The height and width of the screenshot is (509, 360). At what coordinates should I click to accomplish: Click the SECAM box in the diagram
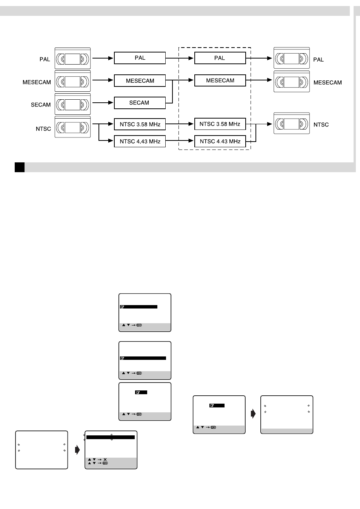140,103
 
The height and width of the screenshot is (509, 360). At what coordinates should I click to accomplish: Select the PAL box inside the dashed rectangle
220,58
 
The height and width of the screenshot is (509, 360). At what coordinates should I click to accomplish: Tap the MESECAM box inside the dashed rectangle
220,80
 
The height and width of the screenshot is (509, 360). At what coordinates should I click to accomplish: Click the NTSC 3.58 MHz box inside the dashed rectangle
220,124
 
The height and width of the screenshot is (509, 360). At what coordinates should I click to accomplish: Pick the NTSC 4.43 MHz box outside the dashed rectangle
140,141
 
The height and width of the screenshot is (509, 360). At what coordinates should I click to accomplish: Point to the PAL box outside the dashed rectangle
140,58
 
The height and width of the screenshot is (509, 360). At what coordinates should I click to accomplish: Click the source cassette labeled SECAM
73,104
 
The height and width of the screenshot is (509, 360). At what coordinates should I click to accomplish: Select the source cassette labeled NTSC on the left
73,127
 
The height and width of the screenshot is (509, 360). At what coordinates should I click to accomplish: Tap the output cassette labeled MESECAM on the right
292,81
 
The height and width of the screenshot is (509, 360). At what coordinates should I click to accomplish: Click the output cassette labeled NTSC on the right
292,123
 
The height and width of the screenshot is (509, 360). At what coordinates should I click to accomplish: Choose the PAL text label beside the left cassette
45,59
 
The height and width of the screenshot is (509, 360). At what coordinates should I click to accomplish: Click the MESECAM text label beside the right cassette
328,82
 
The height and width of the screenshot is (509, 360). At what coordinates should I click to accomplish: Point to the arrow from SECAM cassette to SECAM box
103,103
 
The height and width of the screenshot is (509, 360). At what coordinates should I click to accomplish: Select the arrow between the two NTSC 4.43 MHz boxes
179,141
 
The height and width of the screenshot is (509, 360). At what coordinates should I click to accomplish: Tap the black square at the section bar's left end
20,167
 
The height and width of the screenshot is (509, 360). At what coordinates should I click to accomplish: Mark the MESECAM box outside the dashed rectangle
140,80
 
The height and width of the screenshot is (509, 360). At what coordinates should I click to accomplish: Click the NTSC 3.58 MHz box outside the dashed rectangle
140,124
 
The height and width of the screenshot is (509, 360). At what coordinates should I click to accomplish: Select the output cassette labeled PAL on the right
292,58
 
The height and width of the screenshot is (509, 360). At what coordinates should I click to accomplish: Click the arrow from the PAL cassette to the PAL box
103,58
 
